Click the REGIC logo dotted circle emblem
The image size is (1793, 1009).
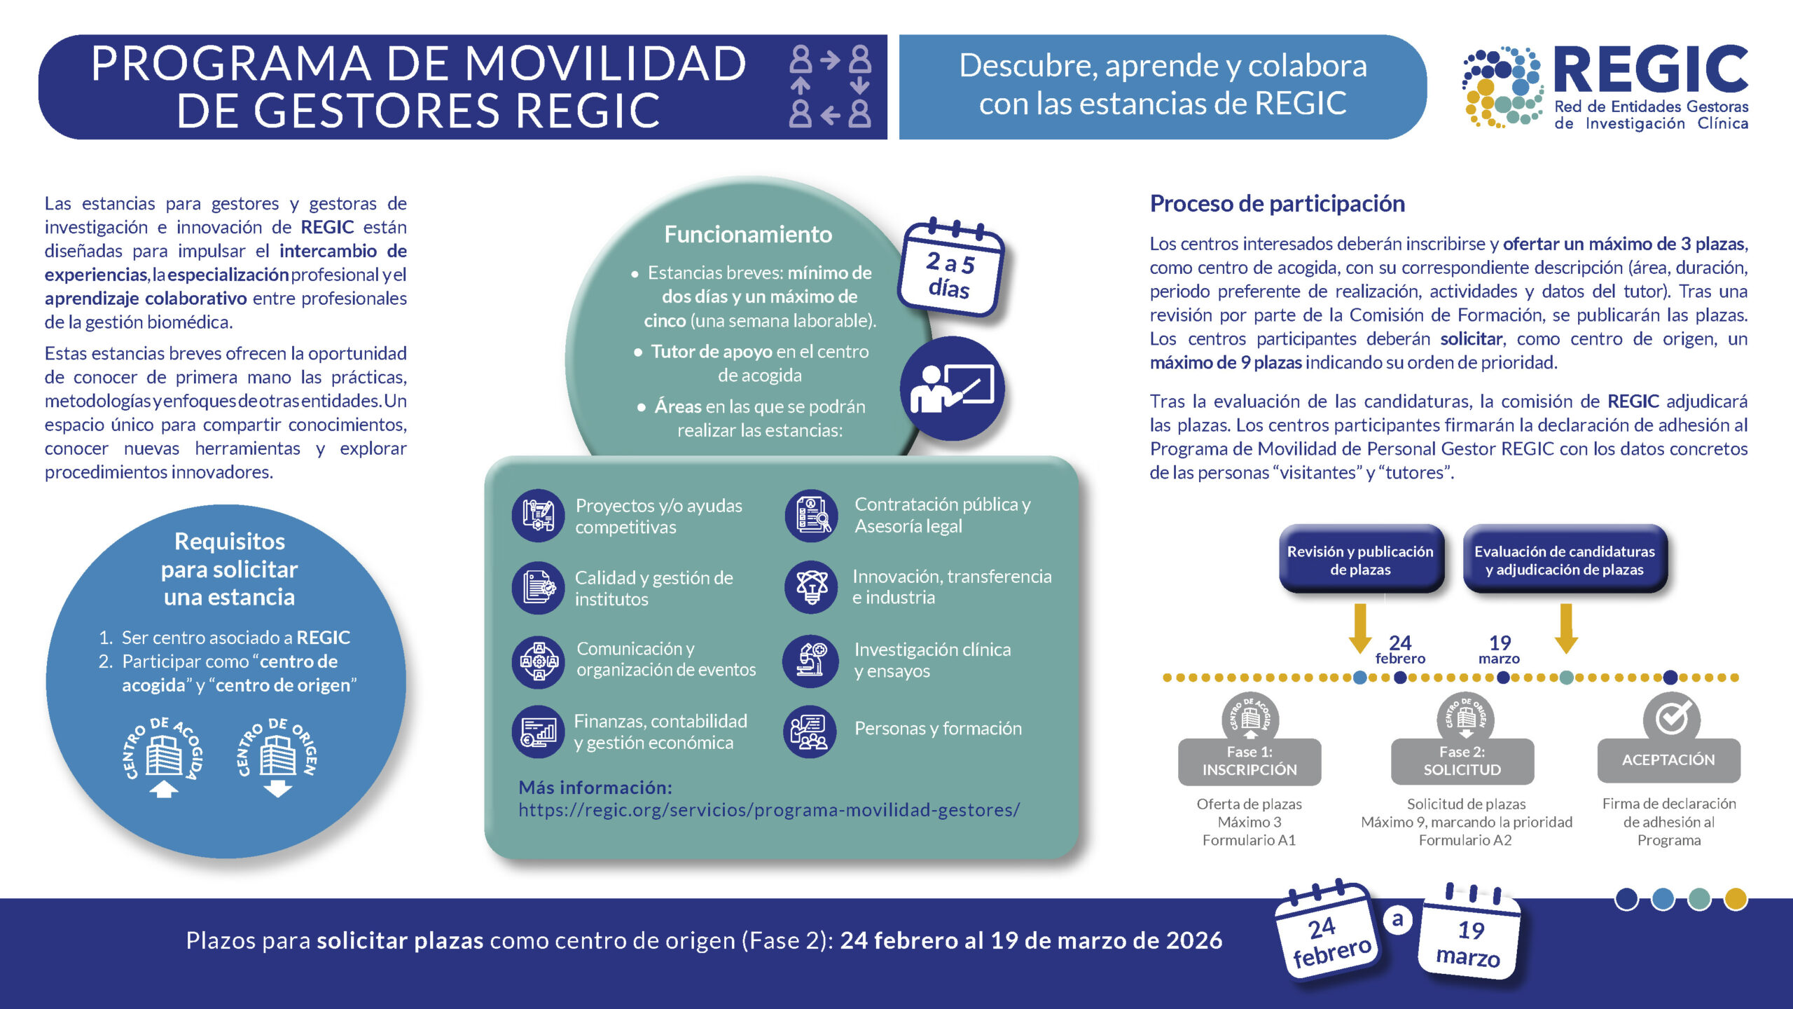(1503, 88)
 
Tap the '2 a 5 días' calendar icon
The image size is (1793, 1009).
(951, 269)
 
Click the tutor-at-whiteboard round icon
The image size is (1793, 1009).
(952, 389)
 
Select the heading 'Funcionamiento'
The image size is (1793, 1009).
(748, 234)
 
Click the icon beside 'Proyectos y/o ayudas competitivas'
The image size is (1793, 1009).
(538, 516)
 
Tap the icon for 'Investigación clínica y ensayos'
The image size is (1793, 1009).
(811, 660)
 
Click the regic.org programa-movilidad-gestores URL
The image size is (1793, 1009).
(769, 810)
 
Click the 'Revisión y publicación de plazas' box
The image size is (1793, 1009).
(1360, 560)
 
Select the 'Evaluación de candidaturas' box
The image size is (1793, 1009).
(1565, 560)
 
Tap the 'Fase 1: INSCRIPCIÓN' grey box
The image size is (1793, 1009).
(1249, 761)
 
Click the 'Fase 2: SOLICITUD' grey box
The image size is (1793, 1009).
(1462, 761)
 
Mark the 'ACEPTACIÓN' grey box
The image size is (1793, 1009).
(1668, 760)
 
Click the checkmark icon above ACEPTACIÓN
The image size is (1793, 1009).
(1672, 717)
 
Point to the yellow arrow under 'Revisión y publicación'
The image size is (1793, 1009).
(1359, 628)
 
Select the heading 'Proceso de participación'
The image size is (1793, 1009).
(1277, 204)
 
